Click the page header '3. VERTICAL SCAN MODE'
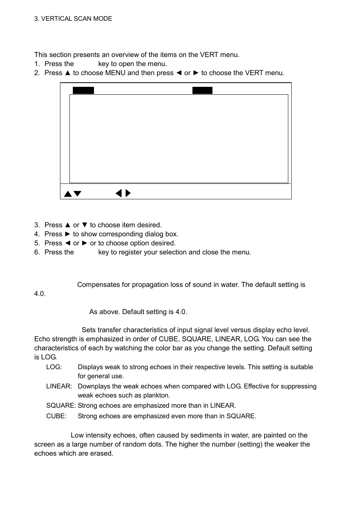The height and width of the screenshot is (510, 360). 73,19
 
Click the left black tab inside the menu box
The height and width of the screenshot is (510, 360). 83,90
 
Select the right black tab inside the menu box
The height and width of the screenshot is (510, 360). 202,90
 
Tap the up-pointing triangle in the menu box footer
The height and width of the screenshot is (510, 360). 68,194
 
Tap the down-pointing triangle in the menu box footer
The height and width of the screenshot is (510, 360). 77,194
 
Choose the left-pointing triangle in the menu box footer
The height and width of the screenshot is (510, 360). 118,193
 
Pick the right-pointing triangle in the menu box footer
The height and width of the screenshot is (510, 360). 128,193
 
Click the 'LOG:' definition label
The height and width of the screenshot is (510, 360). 54,367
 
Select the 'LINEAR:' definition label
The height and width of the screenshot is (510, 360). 59,386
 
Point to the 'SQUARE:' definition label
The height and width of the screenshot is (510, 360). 61,405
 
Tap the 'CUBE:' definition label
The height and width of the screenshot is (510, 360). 56,416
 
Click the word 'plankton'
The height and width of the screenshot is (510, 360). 156,395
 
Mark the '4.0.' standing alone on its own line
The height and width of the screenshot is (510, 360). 40,294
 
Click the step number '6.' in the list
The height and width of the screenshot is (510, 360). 37,252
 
